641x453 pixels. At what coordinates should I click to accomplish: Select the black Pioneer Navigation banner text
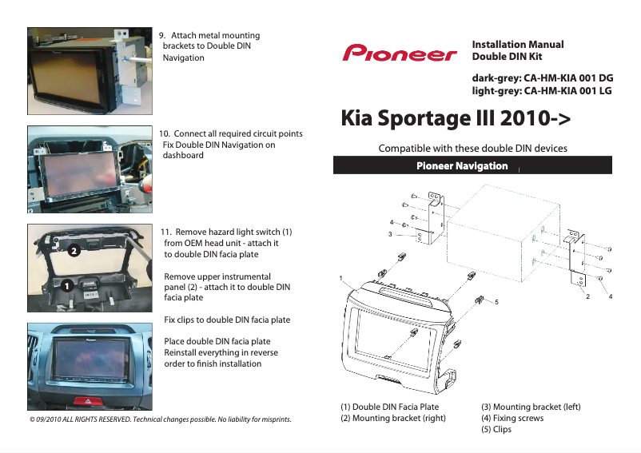coord(462,166)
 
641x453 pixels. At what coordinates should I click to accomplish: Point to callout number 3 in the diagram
coord(390,235)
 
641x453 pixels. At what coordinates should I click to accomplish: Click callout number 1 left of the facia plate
coord(340,278)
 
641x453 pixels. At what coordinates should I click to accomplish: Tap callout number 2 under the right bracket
coord(587,296)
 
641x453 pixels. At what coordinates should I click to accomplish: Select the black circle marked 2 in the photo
coord(72,251)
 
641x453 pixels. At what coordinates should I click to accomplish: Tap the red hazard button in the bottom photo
coord(85,400)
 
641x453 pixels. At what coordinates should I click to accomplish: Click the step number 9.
coord(163,36)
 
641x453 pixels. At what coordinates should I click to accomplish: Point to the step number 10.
coord(165,133)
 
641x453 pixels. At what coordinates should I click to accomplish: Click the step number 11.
coord(166,232)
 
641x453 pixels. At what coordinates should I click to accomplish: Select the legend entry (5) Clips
coord(496,429)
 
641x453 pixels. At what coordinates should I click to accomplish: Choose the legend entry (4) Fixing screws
coord(512,418)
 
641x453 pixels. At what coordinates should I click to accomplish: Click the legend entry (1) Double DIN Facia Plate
coord(389,407)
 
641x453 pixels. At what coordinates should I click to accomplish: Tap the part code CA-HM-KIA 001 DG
coord(567,79)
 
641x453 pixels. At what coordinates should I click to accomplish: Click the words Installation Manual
coord(518,45)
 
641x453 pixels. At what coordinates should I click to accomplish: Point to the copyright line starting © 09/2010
coord(160,419)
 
